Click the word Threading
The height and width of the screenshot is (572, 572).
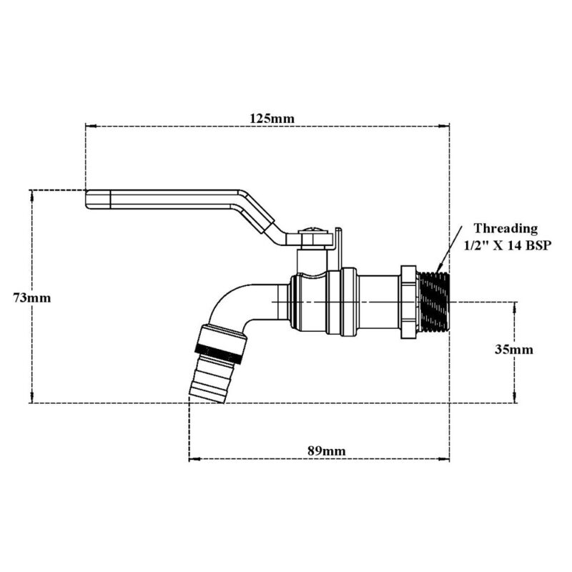506,229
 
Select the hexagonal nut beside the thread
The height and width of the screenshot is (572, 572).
408,301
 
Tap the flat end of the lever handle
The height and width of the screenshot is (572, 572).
97,199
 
